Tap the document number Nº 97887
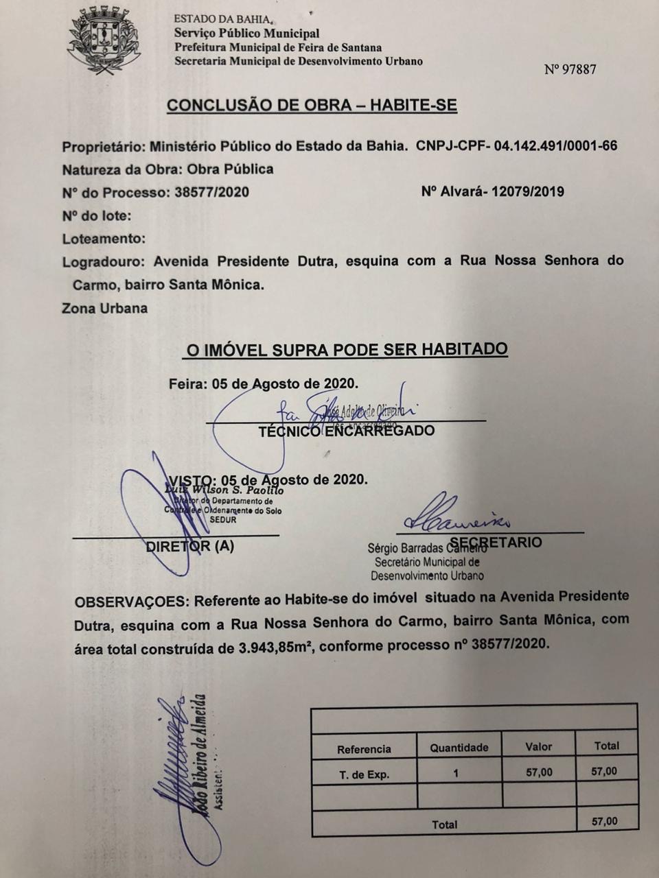[570, 69]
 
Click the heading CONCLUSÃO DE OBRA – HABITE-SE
[312, 106]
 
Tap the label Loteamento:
[104, 239]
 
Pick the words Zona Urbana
[104, 308]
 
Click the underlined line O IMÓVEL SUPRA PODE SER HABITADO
[347, 350]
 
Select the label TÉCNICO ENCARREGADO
[347, 431]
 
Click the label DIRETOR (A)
[189, 547]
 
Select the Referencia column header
[364, 749]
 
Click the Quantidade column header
[459, 748]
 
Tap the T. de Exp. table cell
[364, 774]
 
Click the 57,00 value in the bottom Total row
[604, 821]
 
